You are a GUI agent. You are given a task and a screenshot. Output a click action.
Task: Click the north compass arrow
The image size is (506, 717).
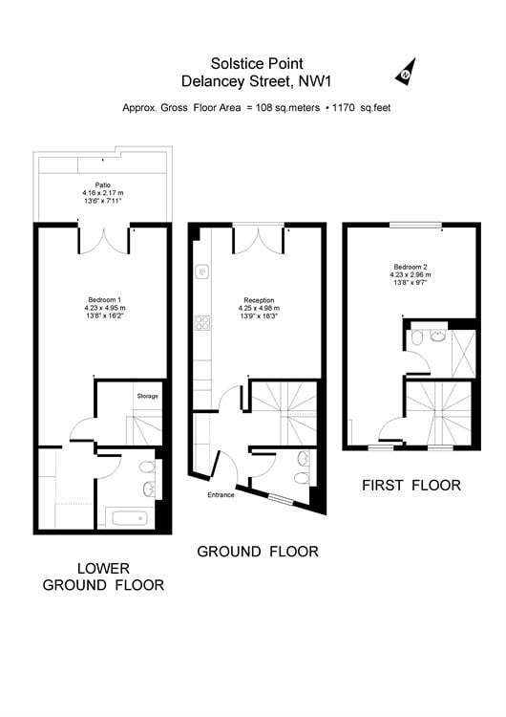(x=407, y=73)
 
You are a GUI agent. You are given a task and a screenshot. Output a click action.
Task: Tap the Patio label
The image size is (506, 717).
(x=103, y=185)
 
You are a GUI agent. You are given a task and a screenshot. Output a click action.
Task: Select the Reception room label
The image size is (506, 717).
(x=259, y=300)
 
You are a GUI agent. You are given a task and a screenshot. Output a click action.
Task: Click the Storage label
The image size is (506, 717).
(x=148, y=396)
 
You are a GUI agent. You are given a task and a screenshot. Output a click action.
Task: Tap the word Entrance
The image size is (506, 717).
(x=221, y=495)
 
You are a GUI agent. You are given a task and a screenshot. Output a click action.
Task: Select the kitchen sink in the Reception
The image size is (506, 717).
(x=202, y=272)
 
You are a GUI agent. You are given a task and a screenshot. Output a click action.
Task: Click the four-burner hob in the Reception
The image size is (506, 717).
(x=202, y=323)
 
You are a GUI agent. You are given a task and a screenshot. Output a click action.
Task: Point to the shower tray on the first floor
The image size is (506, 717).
(x=463, y=353)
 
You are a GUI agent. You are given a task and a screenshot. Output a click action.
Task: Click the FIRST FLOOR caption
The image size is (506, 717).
(x=411, y=485)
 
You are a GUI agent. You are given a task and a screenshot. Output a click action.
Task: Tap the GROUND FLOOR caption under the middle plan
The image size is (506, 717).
(x=258, y=552)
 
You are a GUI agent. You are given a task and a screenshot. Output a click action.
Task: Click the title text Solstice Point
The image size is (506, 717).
(x=257, y=63)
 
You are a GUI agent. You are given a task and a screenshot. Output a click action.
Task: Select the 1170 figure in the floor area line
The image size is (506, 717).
(x=344, y=108)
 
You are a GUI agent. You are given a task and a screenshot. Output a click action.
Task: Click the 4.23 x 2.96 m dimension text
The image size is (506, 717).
(x=411, y=274)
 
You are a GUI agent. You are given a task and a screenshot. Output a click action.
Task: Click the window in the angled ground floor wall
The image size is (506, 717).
(x=281, y=499)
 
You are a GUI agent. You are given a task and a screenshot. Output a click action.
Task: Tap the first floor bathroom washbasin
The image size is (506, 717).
(x=438, y=336)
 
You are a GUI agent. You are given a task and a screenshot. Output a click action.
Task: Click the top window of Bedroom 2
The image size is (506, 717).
(x=415, y=225)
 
